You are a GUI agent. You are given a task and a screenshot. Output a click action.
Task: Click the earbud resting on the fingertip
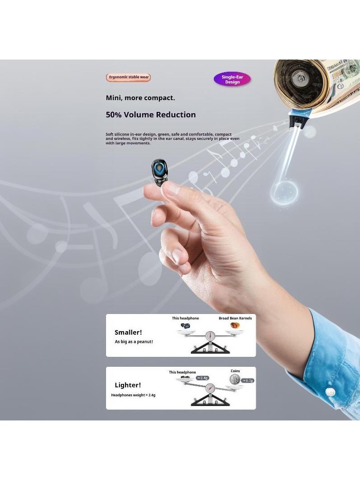point(159,172)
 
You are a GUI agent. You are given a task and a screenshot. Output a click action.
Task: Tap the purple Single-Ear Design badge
point(232,79)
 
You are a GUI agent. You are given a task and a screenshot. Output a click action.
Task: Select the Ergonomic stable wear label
point(129,77)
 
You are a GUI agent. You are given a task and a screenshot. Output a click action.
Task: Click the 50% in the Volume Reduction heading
point(114,115)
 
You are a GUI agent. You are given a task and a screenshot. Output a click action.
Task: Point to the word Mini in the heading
point(114,98)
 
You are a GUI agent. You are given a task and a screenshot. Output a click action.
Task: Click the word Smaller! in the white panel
point(128,332)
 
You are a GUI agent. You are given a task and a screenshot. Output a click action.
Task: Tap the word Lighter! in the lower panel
point(128,385)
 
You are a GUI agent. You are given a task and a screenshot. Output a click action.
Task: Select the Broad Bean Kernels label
point(235,318)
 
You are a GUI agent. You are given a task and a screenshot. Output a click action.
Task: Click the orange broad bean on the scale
point(235,325)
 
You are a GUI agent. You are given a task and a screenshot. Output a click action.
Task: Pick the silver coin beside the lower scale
point(235,380)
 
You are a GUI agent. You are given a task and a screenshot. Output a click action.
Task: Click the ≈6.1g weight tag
point(248,380)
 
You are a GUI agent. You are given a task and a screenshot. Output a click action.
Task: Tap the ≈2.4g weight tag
point(203,378)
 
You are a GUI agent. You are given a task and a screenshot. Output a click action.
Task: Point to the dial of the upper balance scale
point(210,336)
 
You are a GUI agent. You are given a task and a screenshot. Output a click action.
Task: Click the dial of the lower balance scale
point(210,388)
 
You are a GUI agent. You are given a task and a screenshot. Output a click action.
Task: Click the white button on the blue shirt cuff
point(330,392)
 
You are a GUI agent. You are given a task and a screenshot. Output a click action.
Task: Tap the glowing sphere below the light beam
point(284,193)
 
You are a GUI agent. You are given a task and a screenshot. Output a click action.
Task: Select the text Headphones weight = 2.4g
point(133,395)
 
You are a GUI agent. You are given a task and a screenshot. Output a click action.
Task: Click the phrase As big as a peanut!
point(134,342)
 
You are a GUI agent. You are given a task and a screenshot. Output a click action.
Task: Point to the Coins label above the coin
point(235,371)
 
